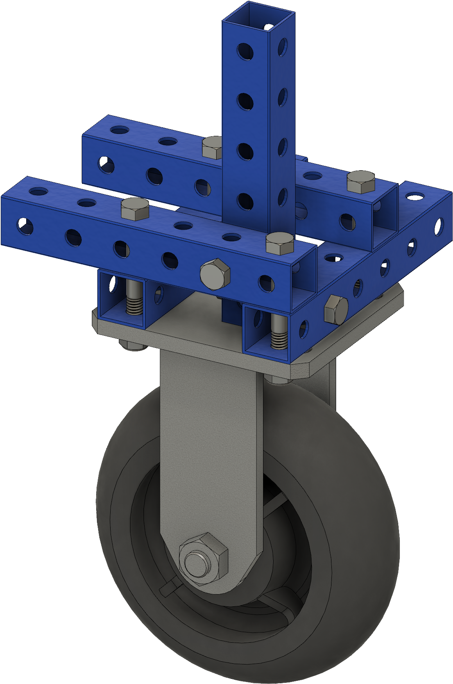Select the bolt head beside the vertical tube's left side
pos(212,147)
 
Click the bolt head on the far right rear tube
pos(361,182)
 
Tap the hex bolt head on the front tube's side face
pos(215,274)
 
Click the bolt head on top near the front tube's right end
pos(279,243)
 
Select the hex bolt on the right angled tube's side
pos(336,309)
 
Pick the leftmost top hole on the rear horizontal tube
pos(119,129)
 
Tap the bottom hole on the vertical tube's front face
pos(245,201)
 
